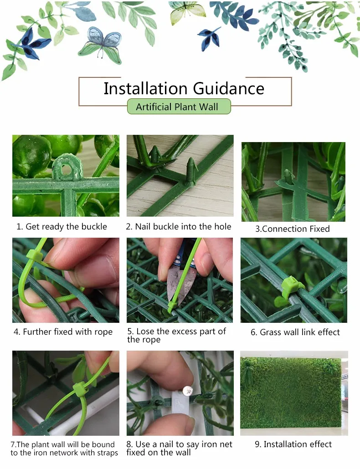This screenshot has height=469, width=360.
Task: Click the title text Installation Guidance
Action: [184, 88]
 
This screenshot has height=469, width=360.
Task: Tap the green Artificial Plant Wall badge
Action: [179, 107]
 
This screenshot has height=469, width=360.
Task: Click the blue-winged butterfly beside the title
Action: [101, 45]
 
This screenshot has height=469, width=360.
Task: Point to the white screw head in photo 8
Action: [188, 391]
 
